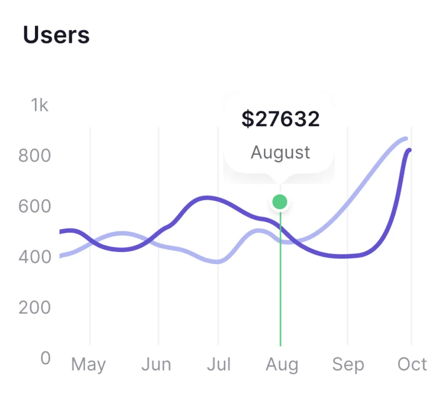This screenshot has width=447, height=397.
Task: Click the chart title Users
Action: click(x=56, y=35)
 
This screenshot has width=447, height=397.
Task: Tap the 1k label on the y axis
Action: click(x=39, y=106)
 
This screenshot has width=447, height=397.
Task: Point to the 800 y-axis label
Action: click(x=35, y=156)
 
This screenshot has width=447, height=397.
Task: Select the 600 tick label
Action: click(x=35, y=207)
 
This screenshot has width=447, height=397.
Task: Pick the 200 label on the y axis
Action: click(x=35, y=308)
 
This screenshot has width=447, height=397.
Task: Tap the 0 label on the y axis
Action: click(x=45, y=358)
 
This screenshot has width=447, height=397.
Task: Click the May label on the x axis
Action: click(x=88, y=364)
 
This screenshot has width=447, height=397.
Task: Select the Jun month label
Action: click(x=156, y=364)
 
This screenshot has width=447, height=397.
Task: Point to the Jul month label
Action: click(x=219, y=364)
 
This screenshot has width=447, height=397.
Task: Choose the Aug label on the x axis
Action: click(x=282, y=364)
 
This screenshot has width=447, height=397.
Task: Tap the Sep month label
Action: click(x=348, y=364)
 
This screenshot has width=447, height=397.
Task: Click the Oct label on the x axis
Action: click(x=412, y=364)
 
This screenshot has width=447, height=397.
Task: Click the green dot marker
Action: click(x=280, y=202)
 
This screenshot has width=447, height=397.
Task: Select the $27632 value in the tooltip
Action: click(x=280, y=119)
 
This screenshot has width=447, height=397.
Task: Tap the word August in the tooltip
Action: click(x=280, y=152)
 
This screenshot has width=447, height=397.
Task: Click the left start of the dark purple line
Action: click(x=61, y=232)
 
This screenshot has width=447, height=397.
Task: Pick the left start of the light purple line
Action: click(x=61, y=256)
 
